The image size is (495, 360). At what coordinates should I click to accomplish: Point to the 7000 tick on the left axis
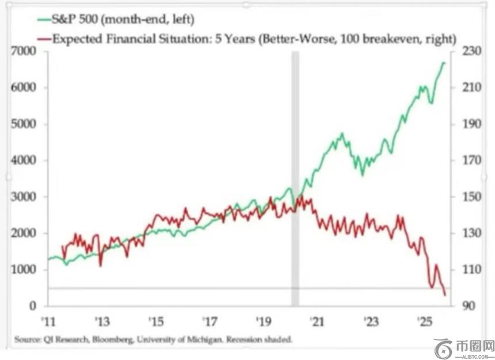click(x=26, y=52)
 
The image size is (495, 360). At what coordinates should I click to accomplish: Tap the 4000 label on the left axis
click(x=26, y=161)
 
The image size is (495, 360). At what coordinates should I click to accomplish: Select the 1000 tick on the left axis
click(x=26, y=270)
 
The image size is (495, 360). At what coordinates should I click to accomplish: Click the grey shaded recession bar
click(x=295, y=173)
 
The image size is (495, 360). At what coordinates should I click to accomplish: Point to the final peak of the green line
click(x=444, y=62)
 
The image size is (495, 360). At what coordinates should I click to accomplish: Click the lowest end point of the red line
click(x=445, y=295)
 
